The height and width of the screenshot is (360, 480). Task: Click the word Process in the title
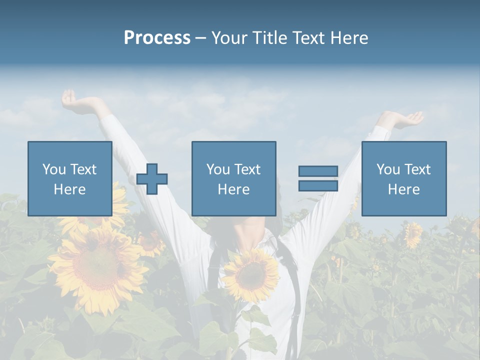coord(157,38)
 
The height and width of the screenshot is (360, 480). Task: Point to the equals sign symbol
coord(318,178)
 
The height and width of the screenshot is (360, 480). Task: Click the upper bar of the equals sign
coord(318,171)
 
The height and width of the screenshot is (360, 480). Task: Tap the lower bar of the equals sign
coord(318,185)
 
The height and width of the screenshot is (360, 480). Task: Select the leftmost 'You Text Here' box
coord(69,178)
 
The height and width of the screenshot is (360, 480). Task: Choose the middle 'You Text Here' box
coord(233,178)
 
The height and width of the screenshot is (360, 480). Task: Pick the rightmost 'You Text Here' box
coord(403,178)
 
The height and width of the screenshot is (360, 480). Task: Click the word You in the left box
coord(54,169)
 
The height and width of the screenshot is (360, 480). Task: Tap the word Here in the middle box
coord(233,189)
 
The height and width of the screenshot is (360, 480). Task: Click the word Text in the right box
coord(418,169)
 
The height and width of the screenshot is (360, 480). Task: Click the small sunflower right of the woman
coord(413,234)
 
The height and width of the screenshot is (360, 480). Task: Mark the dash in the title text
coord(201,38)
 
